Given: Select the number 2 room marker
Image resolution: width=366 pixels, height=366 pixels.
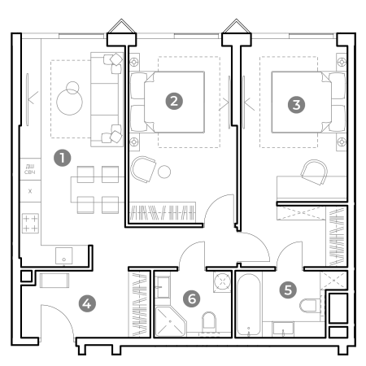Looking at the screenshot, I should pos(172,101).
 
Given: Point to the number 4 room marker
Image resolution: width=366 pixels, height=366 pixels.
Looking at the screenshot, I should pos(87,303).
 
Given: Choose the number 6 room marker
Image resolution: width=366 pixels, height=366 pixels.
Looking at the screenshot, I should pos(192,298).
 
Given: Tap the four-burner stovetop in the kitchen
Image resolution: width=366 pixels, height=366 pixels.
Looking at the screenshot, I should pos(30,223).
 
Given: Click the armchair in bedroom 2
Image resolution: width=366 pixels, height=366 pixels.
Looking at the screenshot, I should pos(144,170).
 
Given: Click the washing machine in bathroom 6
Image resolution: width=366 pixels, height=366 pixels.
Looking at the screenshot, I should pos(220,281).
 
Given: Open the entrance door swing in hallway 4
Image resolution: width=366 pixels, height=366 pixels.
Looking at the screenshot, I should pos(57,317).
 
